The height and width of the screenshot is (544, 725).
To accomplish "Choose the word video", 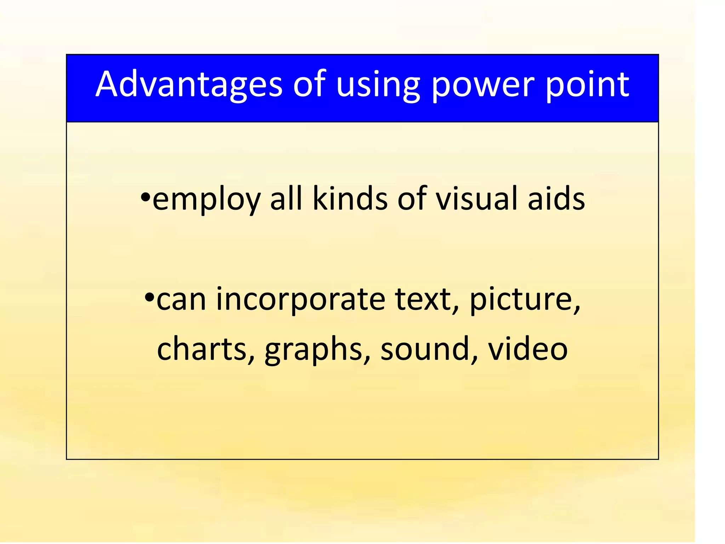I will click(528, 349).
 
